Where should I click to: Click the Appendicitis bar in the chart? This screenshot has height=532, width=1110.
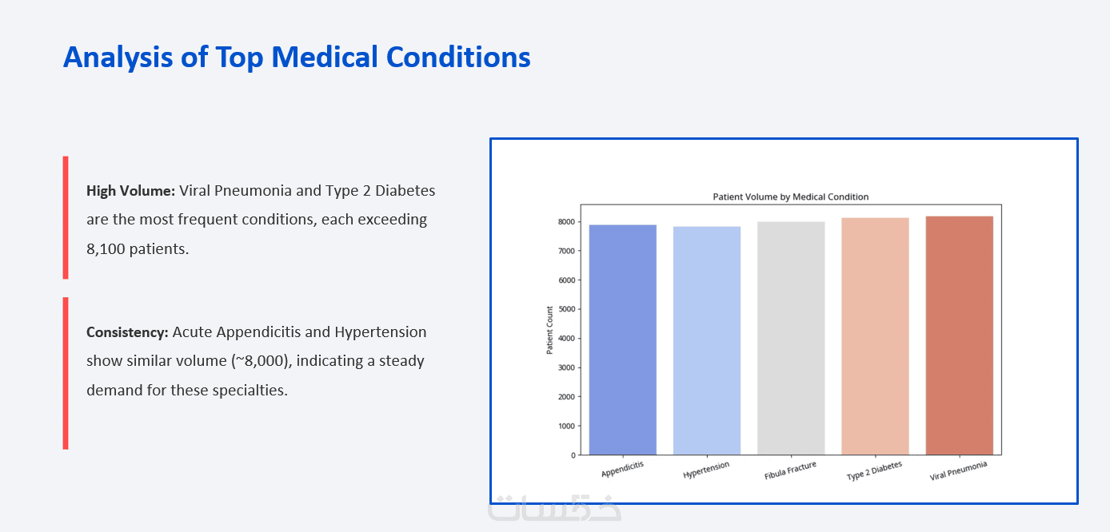(x=623, y=339)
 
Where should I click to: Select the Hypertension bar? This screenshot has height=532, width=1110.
(x=707, y=340)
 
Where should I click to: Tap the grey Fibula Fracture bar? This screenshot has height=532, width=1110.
(x=791, y=338)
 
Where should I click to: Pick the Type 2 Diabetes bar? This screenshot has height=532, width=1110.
(x=875, y=336)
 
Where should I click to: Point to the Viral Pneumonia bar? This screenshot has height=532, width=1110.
(x=960, y=335)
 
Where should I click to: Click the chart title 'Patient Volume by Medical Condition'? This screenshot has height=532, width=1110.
(x=790, y=197)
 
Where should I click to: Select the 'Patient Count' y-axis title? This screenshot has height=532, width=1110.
(x=549, y=330)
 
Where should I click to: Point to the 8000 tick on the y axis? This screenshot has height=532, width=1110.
(x=566, y=222)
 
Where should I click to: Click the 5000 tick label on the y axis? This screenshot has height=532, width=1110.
(x=566, y=309)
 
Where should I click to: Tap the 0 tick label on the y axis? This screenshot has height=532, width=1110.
(x=573, y=455)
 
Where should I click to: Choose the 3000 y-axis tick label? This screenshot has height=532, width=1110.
(x=566, y=367)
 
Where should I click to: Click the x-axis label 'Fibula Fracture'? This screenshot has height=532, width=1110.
(x=790, y=470)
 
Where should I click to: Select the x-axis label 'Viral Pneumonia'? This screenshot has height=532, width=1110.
(x=958, y=470)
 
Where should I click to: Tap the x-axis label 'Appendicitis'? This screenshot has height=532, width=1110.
(x=622, y=469)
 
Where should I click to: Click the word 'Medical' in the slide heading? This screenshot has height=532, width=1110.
(x=325, y=57)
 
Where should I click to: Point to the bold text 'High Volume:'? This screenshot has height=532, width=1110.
(x=131, y=191)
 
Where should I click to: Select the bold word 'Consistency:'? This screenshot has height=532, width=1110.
(x=127, y=332)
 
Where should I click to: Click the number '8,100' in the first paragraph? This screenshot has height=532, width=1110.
(x=106, y=249)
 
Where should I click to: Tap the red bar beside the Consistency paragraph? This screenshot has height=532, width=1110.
(x=66, y=373)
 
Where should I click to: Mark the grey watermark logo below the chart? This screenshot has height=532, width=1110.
(x=554, y=507)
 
